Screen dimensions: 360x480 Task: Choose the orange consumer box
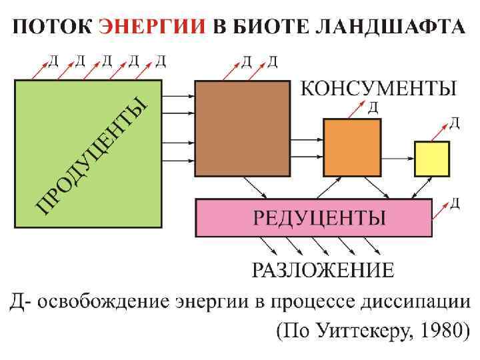[x=351, y=147]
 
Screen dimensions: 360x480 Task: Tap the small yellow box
[x=431, y=159]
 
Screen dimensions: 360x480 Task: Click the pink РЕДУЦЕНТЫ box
[x=313, y=217]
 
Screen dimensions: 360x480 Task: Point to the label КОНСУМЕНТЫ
[x=379, y=88]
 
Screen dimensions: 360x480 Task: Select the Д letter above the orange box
[x=374, y=106]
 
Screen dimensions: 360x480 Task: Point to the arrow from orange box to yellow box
[x=397, y=159]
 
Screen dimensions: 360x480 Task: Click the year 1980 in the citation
[x=437, y=331]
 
